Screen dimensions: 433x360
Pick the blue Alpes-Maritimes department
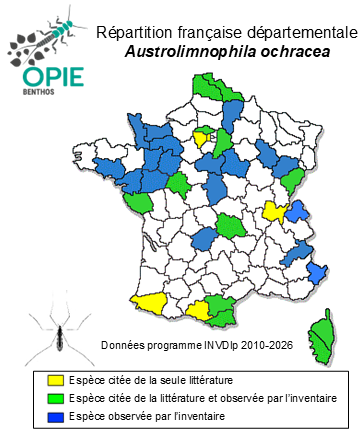(x=317, y=272)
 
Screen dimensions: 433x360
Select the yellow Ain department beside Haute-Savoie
(x=272, y=211)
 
